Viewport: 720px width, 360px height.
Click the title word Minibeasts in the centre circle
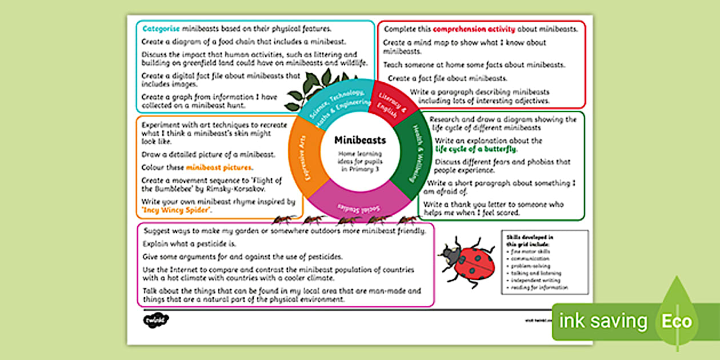[x=359, y=140]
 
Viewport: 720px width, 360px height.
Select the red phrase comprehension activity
[x=474, y=29]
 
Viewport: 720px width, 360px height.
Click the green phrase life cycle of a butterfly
[x=476, y=149]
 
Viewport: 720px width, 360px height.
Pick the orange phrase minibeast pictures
[x=218, y=168]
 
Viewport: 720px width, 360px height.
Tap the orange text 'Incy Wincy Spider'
[x=175, y=210]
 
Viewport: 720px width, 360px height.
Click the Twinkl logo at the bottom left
[x=148, y=320]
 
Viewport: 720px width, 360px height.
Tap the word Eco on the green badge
[x=677, y=321]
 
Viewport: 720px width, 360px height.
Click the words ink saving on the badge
[x=603, y=321]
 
